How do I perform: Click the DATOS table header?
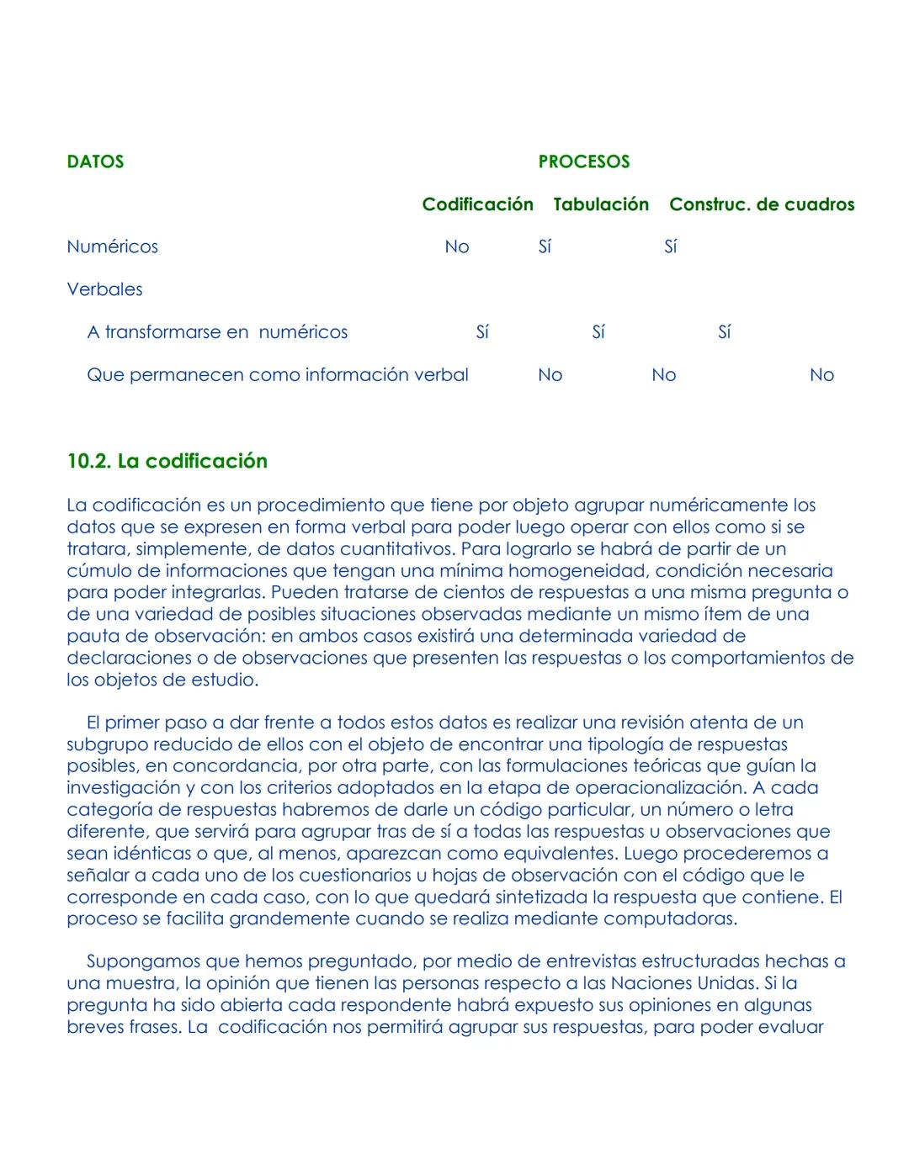[x=95, y=161]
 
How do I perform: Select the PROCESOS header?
[x=583, y=161]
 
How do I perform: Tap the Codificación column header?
[x=477, y=204]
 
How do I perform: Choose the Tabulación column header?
[x=601, y=204]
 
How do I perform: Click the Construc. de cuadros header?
[x=762, y=204]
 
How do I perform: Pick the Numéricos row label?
[x=112, y=246]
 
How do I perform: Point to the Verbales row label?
[x=104, y=289]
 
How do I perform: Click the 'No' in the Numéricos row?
[x=456, y=246]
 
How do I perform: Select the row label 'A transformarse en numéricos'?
[x=217, y=332]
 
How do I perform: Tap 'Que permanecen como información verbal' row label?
[x=277, y=375]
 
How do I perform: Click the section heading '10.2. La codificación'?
[x=167, y=461]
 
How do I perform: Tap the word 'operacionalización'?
[x=656, y=788]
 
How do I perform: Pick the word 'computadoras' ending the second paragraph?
[x=670, y=918]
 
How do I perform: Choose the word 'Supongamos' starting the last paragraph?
[x=136, y=961]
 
